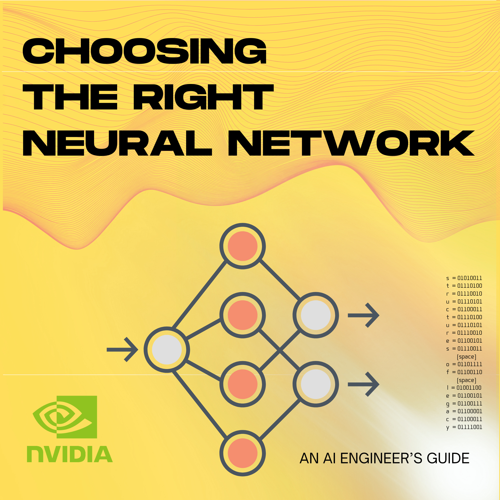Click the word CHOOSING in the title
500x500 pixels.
pos(144,51)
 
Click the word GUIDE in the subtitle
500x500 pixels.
pos(448,458)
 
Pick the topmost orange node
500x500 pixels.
pos(242,246)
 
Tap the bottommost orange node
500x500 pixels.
pos(242,453)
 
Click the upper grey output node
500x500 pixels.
pos(316,315)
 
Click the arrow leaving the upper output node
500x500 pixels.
pos(363,315)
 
